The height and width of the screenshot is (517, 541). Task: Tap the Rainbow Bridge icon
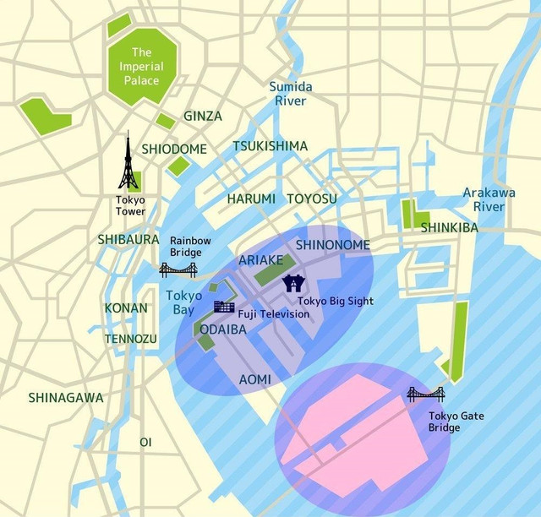(x=178, y=269)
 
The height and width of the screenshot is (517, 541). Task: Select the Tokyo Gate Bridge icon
(x=425, y=394)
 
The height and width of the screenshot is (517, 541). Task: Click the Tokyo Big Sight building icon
(x=293, y=283)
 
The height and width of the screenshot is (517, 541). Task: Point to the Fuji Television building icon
(x=224, y=307)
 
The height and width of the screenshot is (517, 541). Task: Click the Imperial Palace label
(x=141, y=67)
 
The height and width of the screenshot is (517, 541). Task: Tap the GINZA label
(x=203, y=116)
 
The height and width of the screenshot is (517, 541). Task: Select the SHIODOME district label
(x=174, y=149)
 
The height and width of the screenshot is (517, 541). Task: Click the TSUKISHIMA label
(x=270, y=146)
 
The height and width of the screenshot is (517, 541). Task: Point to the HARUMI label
(x=251, y=199)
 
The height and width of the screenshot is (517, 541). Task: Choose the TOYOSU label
(x=311, y=199)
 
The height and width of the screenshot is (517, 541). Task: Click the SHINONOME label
(x=332, y=245)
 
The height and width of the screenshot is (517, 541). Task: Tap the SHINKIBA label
(x=449, y=227)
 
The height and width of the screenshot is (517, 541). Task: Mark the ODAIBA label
(x=221, y=329)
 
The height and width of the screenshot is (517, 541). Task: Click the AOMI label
(x=255, y=379)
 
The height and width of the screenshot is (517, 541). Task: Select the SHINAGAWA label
(x=66, y=397)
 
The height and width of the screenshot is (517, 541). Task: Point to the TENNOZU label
(x=130, y=339)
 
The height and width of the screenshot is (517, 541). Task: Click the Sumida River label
(x=291, y=94)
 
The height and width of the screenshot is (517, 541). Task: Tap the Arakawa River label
(x=489, y=199)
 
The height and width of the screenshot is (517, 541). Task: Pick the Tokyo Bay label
(x=183, y=302)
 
